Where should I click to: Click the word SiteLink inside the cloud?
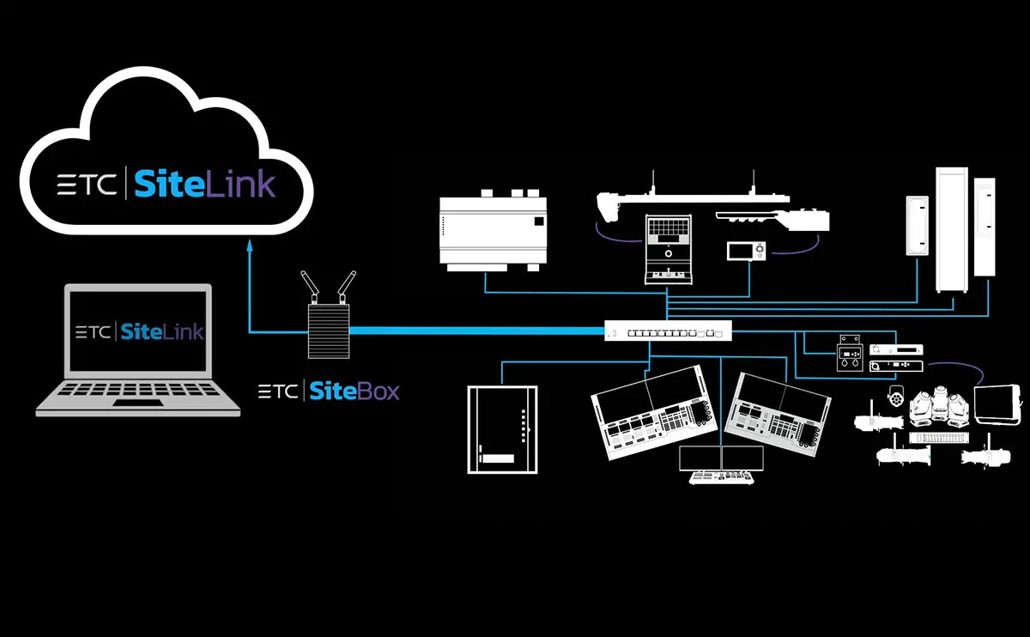click(204, 184)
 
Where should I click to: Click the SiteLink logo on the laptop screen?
click(161, 331)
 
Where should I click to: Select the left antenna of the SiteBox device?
click(306, 285)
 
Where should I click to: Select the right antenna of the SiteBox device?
click(346, 285)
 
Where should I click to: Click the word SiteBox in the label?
click(354, 392)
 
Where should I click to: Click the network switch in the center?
click(668, 330)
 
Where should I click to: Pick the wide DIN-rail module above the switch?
click(490, 227)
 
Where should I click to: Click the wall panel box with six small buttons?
click(502, 428)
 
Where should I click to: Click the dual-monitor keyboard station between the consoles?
click(721, 465)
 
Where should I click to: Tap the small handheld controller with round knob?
click(748, 251)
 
